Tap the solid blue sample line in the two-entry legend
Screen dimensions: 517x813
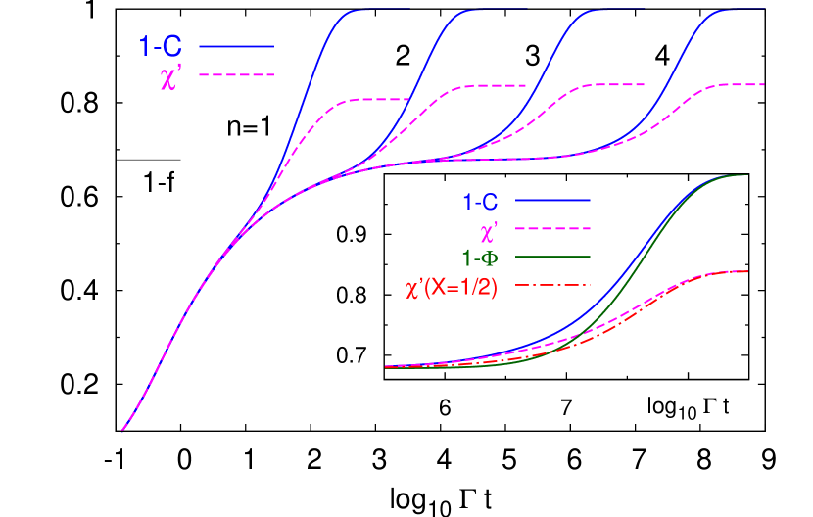tap(236, 46)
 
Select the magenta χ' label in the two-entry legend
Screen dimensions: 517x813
tap(170, 75)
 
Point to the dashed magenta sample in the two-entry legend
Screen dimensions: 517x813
tap(236, 74)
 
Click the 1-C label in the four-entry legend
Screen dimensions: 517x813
tap(480, 202)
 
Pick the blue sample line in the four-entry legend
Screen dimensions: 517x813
tap(552, 200)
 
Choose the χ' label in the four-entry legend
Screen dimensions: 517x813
tap(489, 231)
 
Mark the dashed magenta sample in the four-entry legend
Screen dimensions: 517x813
tap(552, 228)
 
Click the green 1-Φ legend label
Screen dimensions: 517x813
tap(480, 259)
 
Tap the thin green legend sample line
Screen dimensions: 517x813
tap(552, 257)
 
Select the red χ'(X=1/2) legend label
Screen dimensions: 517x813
tap(452, 288)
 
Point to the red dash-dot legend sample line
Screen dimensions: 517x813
tap(552, 285)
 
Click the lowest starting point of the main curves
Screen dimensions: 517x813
tap(123, 429)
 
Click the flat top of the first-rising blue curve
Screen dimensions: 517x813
tap(382, 10)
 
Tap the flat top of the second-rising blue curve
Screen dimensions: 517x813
tap(500, 10)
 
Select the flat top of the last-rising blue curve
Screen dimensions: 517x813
tap(744, 10)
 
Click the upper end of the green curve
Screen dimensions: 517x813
tap(746, 175)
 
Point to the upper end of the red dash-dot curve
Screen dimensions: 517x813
tap(746, 271)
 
